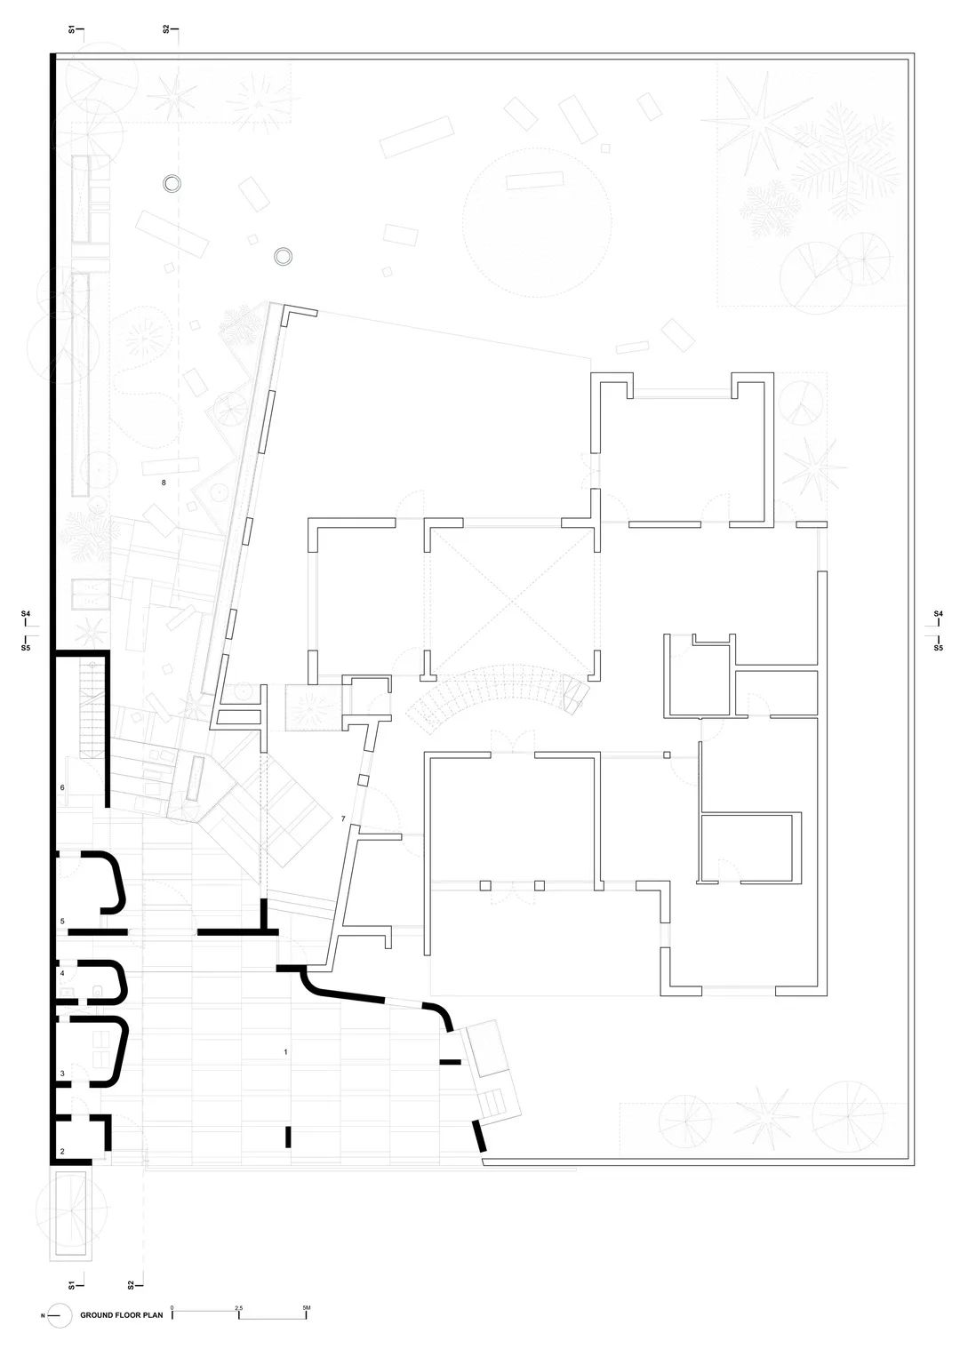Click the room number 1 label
[x=285, y=1052]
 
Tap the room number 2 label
[x=61, y=1152]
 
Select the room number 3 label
[x=61, y=1074]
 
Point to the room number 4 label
[x=61, y=974]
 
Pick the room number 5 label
[x=61, y=922]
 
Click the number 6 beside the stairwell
[x=61, y=788]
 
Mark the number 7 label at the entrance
[x=342, y=818]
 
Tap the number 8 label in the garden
[x=163, y=483]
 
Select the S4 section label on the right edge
[x=938, y=614]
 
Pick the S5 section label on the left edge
[x=26, y=650]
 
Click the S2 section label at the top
[x=166, y=29]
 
